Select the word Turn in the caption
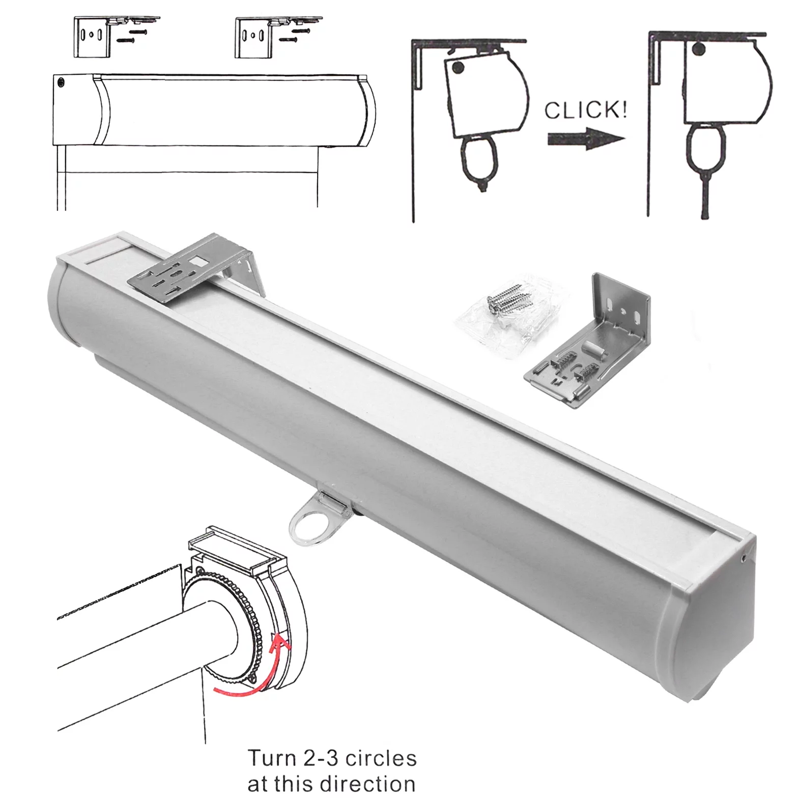271,758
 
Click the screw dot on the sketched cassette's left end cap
62,81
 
